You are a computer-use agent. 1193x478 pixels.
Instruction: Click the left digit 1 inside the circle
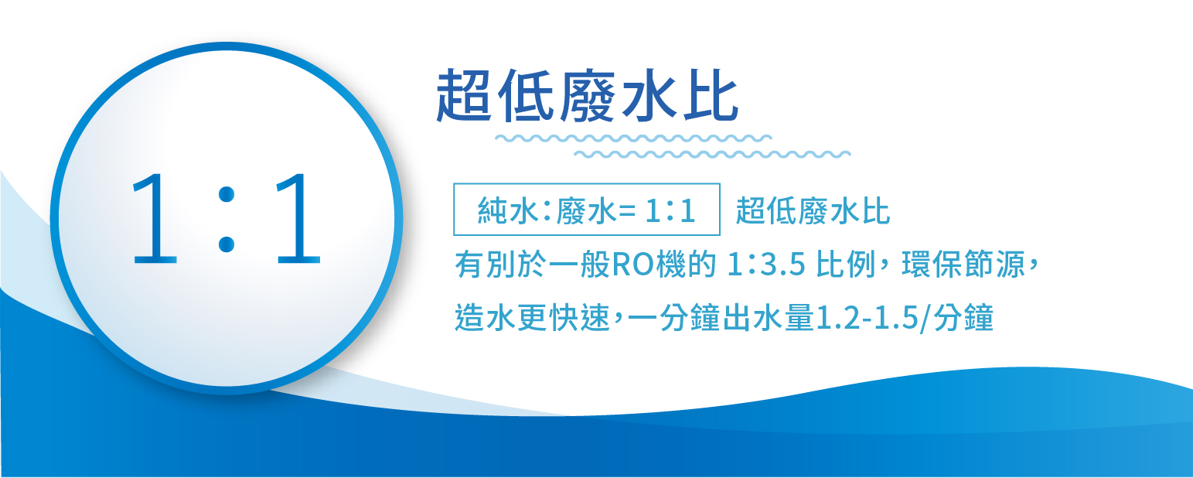(155, 218)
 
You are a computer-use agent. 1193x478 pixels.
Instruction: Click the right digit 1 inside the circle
(298, 218)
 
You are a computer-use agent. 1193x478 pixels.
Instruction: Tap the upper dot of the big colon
(227, 194)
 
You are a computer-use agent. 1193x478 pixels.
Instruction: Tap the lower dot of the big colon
(227, 244)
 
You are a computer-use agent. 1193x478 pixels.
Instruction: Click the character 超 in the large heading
(463, 96)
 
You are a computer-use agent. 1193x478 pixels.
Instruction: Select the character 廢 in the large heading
(588, 96)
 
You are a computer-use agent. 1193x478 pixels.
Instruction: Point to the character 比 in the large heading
(711, 96)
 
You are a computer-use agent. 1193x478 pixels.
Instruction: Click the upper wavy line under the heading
(633, 138)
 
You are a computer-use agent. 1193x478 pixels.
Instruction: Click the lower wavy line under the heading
(712, 155)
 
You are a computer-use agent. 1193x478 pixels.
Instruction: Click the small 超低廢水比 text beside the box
(813, 211)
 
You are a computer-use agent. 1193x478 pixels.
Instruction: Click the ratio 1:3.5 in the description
(766, 265)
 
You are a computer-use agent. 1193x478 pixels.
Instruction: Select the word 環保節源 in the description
(963, 265)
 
